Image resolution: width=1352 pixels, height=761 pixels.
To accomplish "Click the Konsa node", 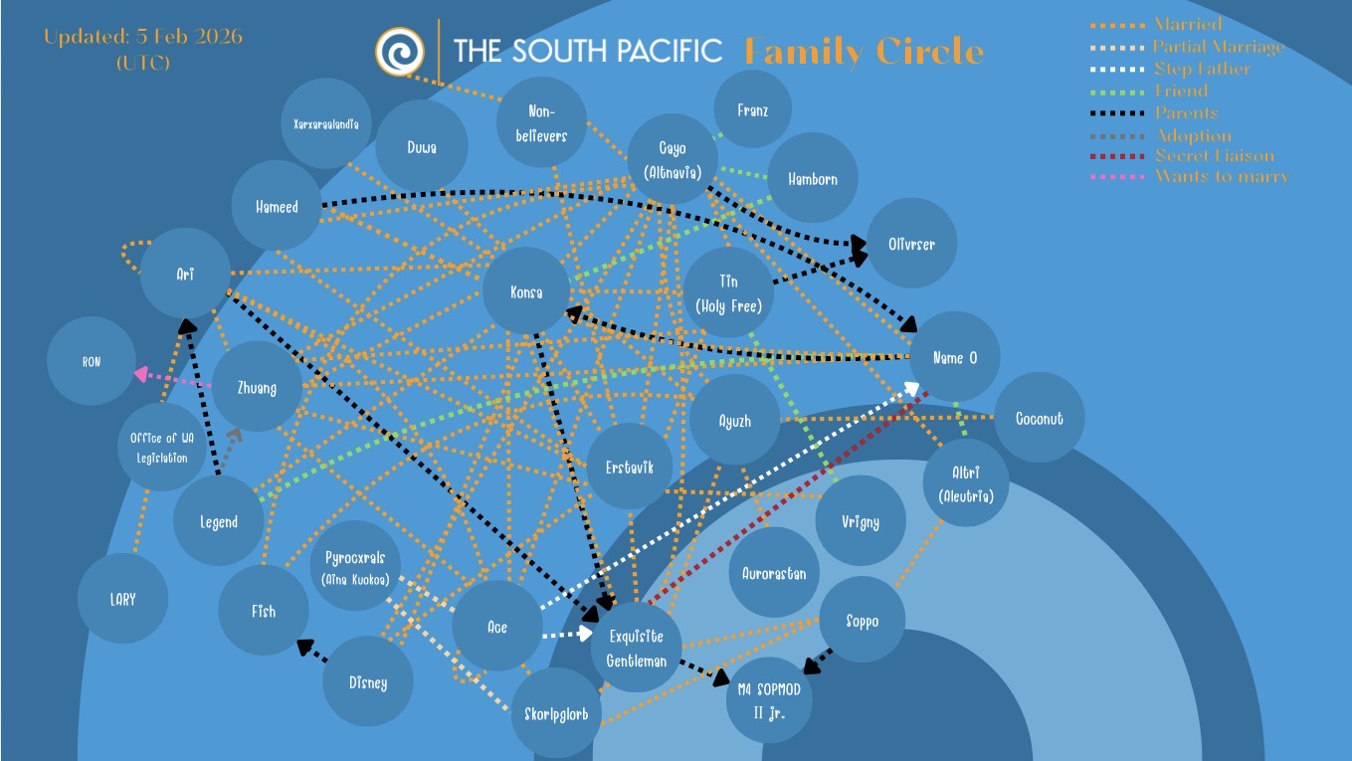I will pos(526,292).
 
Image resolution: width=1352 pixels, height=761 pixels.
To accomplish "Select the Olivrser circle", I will pos(912,244).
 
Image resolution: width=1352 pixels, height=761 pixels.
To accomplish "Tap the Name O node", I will pos(955,357).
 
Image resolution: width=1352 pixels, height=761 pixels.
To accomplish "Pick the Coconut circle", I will pos(1039,418).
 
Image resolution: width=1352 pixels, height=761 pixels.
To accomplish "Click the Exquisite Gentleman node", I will pos(636,648).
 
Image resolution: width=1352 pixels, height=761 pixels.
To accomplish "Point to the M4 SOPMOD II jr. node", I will pos(769,698).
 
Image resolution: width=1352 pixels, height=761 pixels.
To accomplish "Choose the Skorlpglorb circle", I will pos(556,713).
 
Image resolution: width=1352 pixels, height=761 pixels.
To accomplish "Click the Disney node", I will pos(368,682).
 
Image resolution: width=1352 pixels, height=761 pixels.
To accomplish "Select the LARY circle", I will pos(123,599).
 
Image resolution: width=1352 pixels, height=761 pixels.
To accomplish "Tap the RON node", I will pos(92,362).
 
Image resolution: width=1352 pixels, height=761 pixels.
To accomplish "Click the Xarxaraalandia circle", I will pos(325,124).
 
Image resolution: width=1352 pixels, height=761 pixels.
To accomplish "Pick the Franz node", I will pos(753,110).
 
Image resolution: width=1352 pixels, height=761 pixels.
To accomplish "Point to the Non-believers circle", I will pos(541,123).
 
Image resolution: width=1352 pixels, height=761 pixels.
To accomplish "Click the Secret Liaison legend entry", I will pos(1214,156).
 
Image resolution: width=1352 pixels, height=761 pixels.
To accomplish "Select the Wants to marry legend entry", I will pos(1221,177).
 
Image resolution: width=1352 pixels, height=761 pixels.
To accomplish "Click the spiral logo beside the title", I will pos(400,50).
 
